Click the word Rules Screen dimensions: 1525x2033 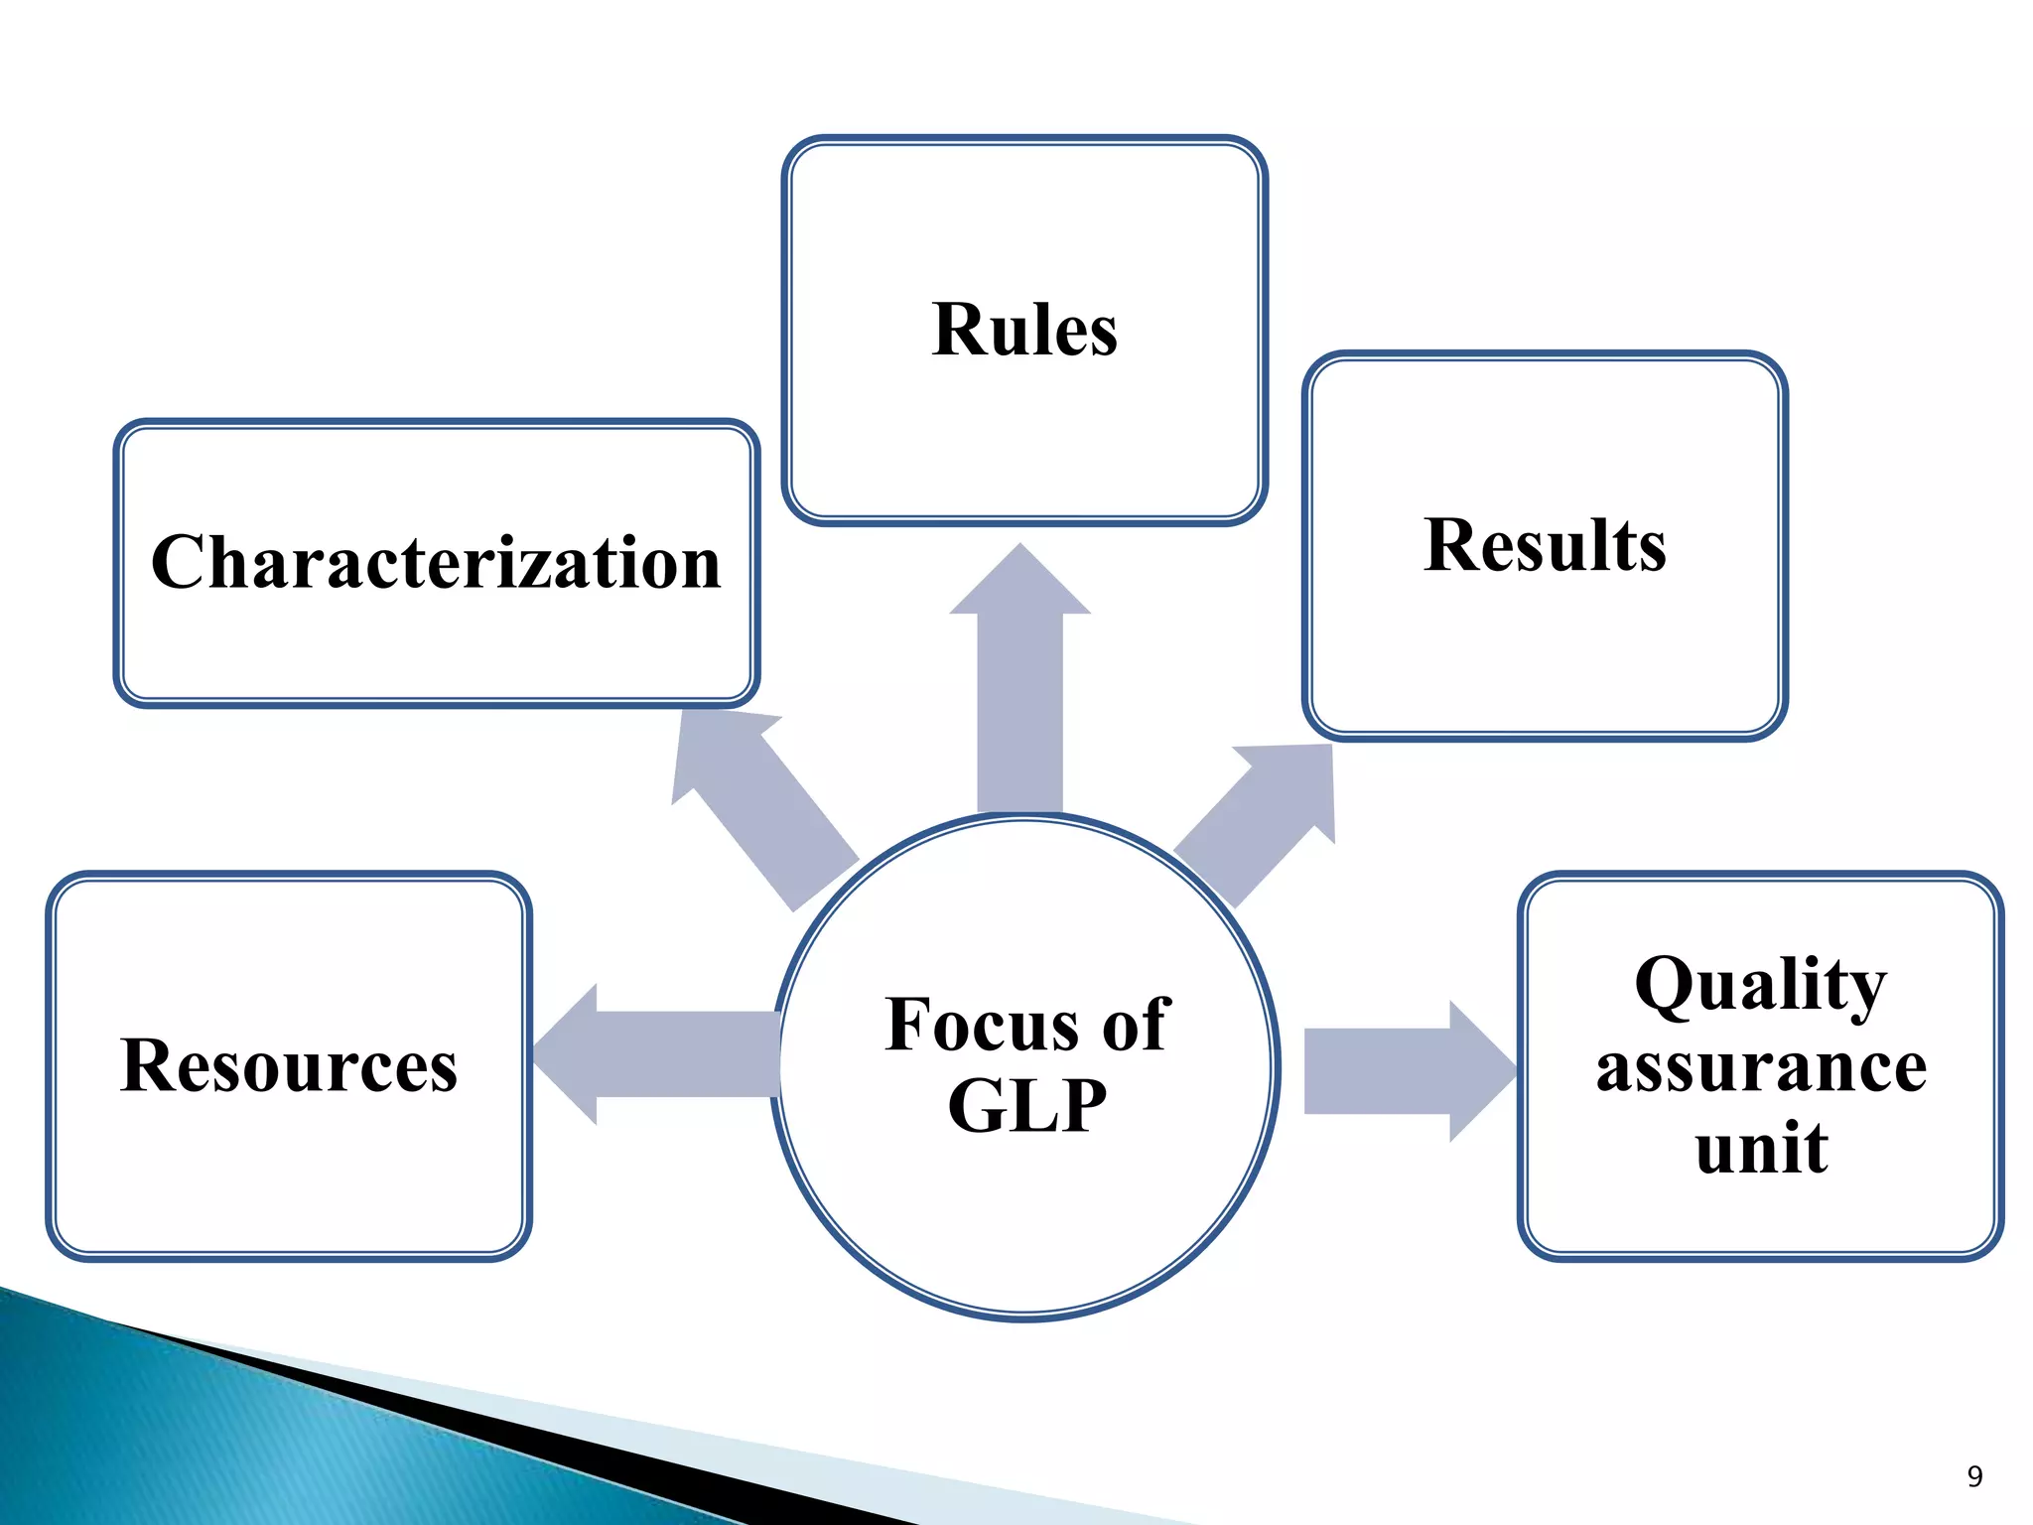pyautogui.click(x=1024, y=330)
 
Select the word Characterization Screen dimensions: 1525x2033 pyautogui.click(x=436, y=562)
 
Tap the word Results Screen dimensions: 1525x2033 pyautogui.click(x=1545, y=545)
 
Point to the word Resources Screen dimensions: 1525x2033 pyautogui.click(x=289, y=1065)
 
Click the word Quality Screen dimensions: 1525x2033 pyautogui.click(x=1760, y=985)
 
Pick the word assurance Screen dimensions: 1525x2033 pyautogui.click(x=1761, y=1067)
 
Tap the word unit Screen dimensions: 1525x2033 pyautogui.click(x=1761, y=1148)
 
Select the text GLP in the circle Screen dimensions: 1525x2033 pyautogui.click(x=1026, y=1106)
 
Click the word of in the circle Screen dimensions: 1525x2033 pyautogui.click(x=1136, y=1025)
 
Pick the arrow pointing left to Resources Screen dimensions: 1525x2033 pyautogui.click(x=655, y=1054)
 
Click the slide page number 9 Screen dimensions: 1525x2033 pyautogui.click(x=1974, y=1476)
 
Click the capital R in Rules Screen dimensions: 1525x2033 pyautogui.click(x=959, y=330)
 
